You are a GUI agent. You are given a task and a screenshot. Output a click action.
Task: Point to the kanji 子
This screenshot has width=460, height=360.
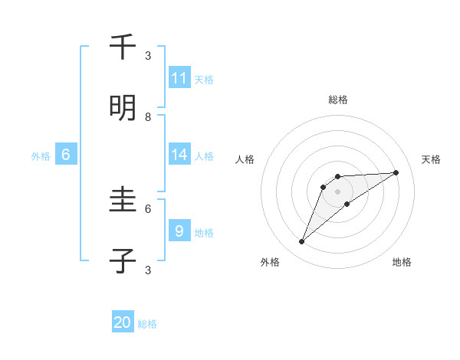click(123, 261)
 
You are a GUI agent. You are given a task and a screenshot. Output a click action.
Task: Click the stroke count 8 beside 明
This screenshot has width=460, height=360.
click(148, 116)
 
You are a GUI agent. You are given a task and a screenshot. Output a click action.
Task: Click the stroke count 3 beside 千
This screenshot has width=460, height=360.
click(148, 55)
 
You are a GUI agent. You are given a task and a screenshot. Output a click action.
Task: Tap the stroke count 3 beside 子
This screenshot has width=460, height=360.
click(148, 270)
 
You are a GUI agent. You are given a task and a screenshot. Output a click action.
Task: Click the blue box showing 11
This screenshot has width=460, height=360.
click(179, 78)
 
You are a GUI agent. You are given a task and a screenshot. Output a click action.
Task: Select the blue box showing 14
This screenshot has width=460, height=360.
click(179, 155)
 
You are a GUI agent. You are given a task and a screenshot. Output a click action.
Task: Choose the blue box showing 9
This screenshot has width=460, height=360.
click(179, 231)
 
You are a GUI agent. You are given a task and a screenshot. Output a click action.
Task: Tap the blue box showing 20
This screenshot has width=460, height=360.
click(123, 322)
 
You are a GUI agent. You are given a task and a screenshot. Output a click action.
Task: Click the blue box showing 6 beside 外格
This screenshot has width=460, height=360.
click(66, 155)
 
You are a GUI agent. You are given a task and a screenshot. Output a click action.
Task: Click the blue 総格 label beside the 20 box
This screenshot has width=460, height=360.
click(147, 324)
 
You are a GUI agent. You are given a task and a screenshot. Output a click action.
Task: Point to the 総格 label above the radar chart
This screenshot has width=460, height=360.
click(338, 100)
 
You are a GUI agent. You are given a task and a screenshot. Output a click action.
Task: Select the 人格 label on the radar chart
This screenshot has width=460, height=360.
click(245, 160)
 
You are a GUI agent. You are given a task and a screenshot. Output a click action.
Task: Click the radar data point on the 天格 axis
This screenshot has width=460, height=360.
click(396, 172)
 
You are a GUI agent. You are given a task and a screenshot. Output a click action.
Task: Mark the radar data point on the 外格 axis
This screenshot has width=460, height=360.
click(301, 242)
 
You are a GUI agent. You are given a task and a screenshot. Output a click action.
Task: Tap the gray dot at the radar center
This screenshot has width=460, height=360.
click(338, 191)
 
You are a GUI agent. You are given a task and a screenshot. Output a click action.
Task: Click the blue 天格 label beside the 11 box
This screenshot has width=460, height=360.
click(204, 80)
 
